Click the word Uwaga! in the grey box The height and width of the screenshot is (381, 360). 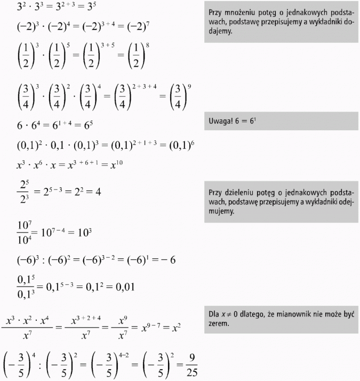(x=221, y=122)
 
